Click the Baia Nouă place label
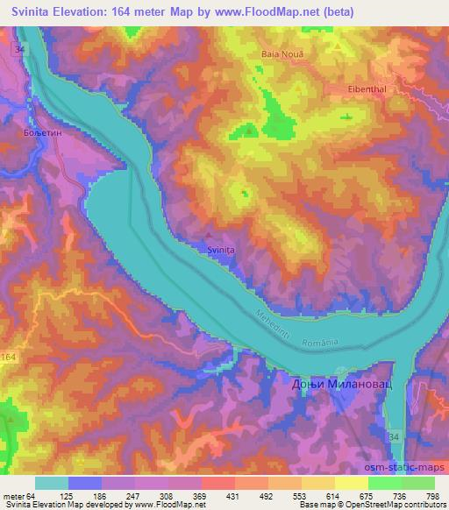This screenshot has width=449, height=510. pos(281,54)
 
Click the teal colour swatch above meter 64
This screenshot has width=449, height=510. pos(51,483)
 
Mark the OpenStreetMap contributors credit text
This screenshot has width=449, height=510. pos(399,506)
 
